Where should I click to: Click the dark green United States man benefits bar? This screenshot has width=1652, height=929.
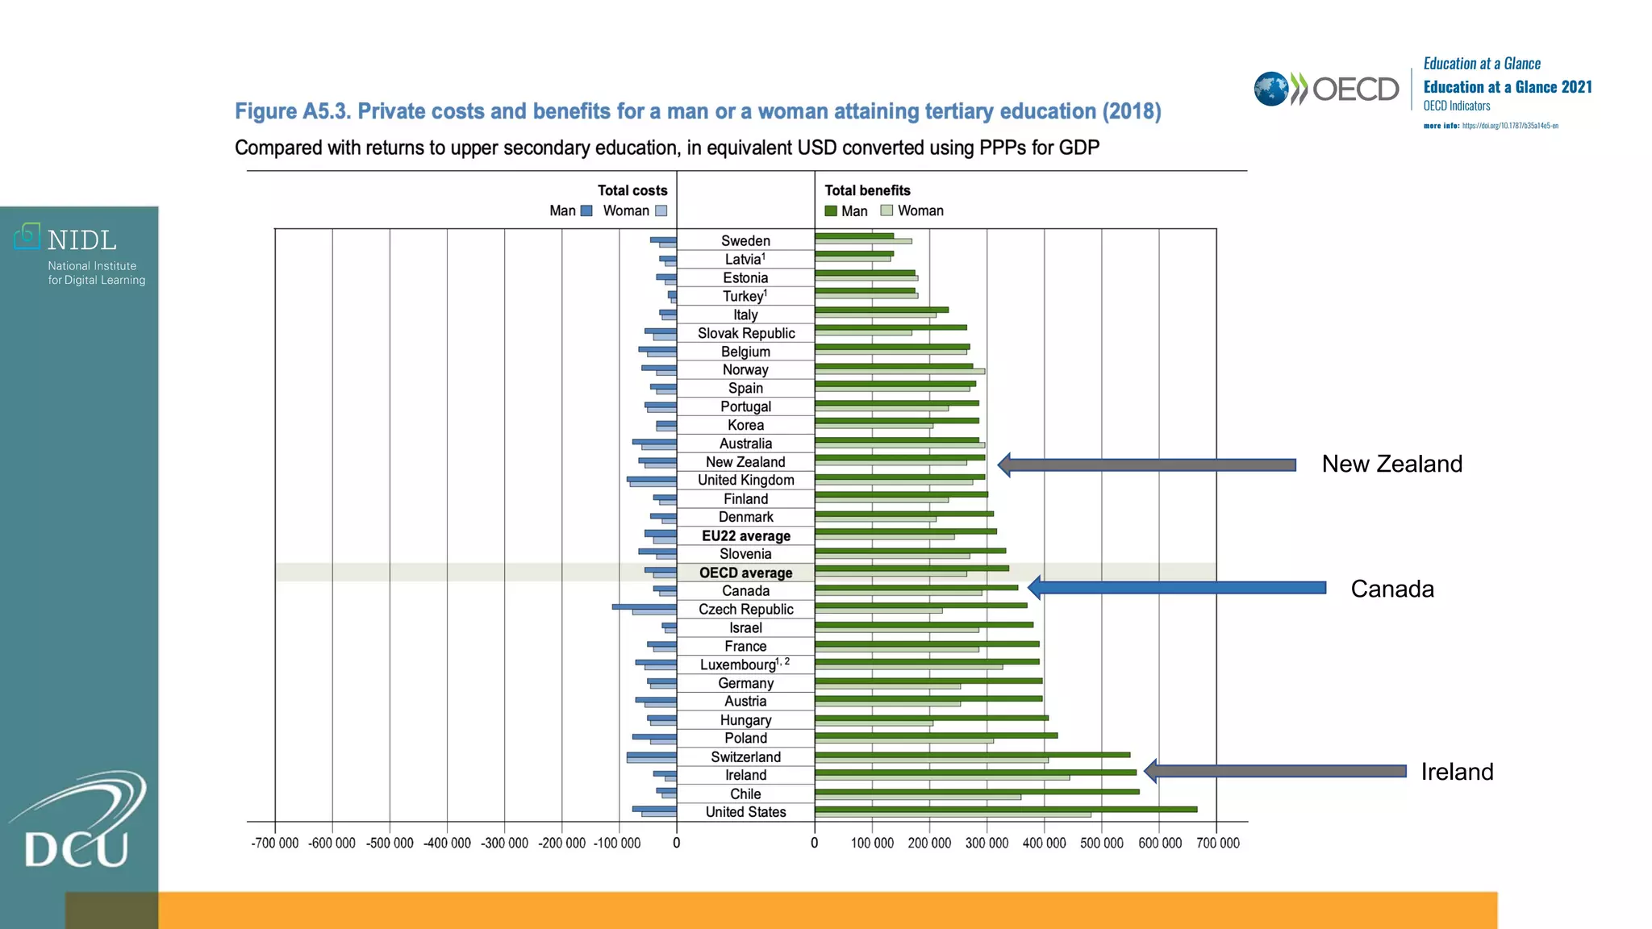(1005, 809)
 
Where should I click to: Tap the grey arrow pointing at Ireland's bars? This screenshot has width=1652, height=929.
(1274, 771)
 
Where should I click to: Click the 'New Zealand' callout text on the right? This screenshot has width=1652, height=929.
(1391, 464)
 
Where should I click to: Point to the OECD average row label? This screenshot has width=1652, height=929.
(745, 573)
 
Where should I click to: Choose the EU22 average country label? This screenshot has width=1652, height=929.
(745, 536)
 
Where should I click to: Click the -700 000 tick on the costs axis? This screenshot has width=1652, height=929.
(275, 844)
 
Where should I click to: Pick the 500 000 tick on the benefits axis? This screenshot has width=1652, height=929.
(1102, 844)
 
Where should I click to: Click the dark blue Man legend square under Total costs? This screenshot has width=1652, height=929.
(586, 210)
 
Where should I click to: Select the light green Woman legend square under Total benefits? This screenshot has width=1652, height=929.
(886, 210)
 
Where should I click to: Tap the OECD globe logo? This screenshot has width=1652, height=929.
(1271, 89)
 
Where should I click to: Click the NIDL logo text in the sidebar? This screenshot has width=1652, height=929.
(81, 240)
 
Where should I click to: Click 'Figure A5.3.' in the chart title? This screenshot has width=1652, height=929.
(292, 111)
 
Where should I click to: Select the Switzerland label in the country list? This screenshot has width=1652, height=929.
(745, 757)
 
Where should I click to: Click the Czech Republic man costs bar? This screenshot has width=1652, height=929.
(644, 606)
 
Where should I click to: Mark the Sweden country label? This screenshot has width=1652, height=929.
(745, 241)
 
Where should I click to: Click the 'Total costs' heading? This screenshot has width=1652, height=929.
(632, 190)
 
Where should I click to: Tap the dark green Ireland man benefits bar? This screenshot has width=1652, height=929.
(974, 772)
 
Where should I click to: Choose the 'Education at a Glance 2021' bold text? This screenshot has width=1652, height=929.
(1507, 87)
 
